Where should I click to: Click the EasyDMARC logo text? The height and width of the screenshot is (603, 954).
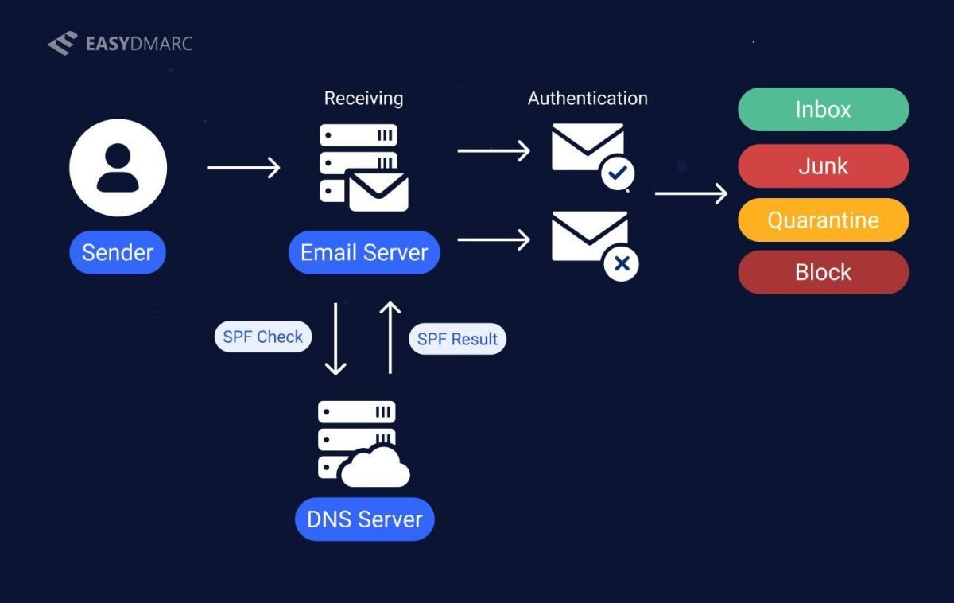pos(138,44)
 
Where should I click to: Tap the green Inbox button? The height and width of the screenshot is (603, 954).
pos(823,110)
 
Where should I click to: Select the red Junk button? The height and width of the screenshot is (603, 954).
pos(823,166)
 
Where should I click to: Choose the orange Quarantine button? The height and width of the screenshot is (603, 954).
pos(823,220)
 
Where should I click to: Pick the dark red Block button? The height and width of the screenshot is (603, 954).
pos(823,273)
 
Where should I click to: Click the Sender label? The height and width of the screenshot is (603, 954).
pos(118,253)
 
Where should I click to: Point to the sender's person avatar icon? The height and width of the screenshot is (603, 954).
pos(118,167)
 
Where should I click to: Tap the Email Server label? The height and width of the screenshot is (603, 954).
pos(364,253)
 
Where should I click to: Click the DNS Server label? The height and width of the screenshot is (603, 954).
pos(364,519)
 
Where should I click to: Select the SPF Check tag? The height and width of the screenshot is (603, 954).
pos(262,337)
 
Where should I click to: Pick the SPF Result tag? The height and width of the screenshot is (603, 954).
pos(457,340)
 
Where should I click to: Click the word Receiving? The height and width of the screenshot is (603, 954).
pos(363,99)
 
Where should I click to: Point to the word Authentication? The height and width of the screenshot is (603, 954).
pos(588,99)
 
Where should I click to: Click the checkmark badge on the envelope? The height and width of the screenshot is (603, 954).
pos(618,173)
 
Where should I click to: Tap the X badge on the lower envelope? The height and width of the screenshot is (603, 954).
pos(622,264)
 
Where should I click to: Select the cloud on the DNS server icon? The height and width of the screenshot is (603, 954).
pos(374,469)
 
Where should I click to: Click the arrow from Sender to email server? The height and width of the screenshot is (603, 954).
pos(243,168)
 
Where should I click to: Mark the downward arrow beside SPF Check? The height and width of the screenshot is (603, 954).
pos(336,338)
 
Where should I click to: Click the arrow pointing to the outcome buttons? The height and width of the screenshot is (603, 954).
pos(691,193)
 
